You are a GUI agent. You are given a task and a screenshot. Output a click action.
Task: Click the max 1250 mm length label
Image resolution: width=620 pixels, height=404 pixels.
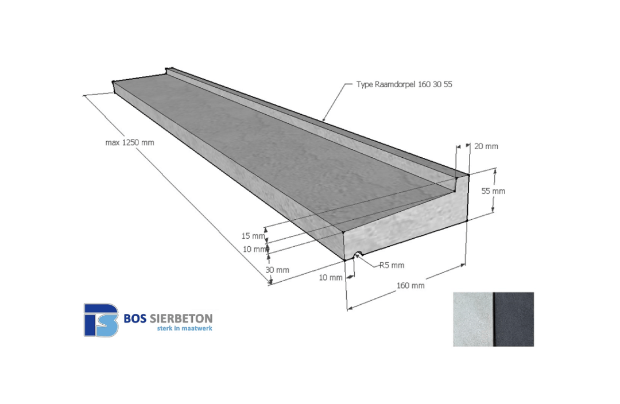129,142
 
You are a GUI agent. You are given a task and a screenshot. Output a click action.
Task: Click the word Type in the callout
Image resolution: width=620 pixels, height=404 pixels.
364,84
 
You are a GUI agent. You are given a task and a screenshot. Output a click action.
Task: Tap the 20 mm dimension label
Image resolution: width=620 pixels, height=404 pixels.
486,146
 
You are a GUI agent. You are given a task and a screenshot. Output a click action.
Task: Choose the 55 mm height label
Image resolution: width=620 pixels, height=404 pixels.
494,191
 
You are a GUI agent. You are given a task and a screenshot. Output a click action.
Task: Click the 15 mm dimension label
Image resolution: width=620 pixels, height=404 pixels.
253,236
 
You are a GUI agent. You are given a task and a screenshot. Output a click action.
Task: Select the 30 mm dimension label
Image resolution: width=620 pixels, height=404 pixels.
277,270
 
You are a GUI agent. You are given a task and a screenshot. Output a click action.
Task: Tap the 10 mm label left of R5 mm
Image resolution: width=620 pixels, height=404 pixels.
330,277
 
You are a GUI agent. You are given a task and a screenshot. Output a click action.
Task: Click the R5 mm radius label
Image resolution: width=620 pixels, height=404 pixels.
392,265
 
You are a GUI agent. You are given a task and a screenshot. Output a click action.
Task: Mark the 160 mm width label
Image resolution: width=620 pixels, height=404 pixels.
410,285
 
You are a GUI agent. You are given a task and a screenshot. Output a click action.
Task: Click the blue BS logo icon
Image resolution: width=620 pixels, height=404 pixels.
101,320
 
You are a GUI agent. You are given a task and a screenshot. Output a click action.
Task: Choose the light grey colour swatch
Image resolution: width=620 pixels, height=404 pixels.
472,319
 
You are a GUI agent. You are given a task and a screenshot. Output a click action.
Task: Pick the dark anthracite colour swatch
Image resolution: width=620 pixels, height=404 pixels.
514,319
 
